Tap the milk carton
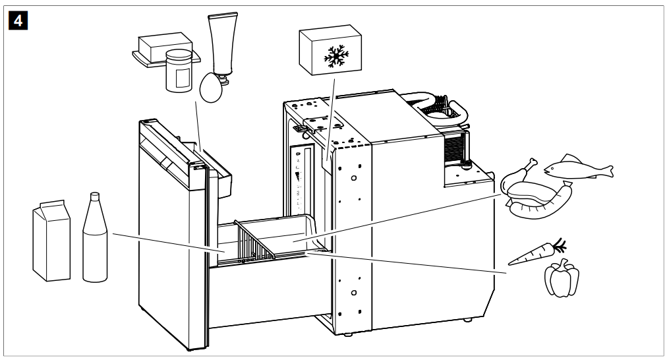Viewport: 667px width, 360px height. [x=51, y=241]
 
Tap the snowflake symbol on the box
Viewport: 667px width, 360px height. [x=335, y=57]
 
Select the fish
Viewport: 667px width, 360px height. [x=577, y=167]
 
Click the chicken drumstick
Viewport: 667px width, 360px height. [x=524, y=170]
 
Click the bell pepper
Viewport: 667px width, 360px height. [x=561, y=278]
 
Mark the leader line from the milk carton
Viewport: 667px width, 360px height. [x=165, y=242]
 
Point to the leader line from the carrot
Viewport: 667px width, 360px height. [x=409, y=262]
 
